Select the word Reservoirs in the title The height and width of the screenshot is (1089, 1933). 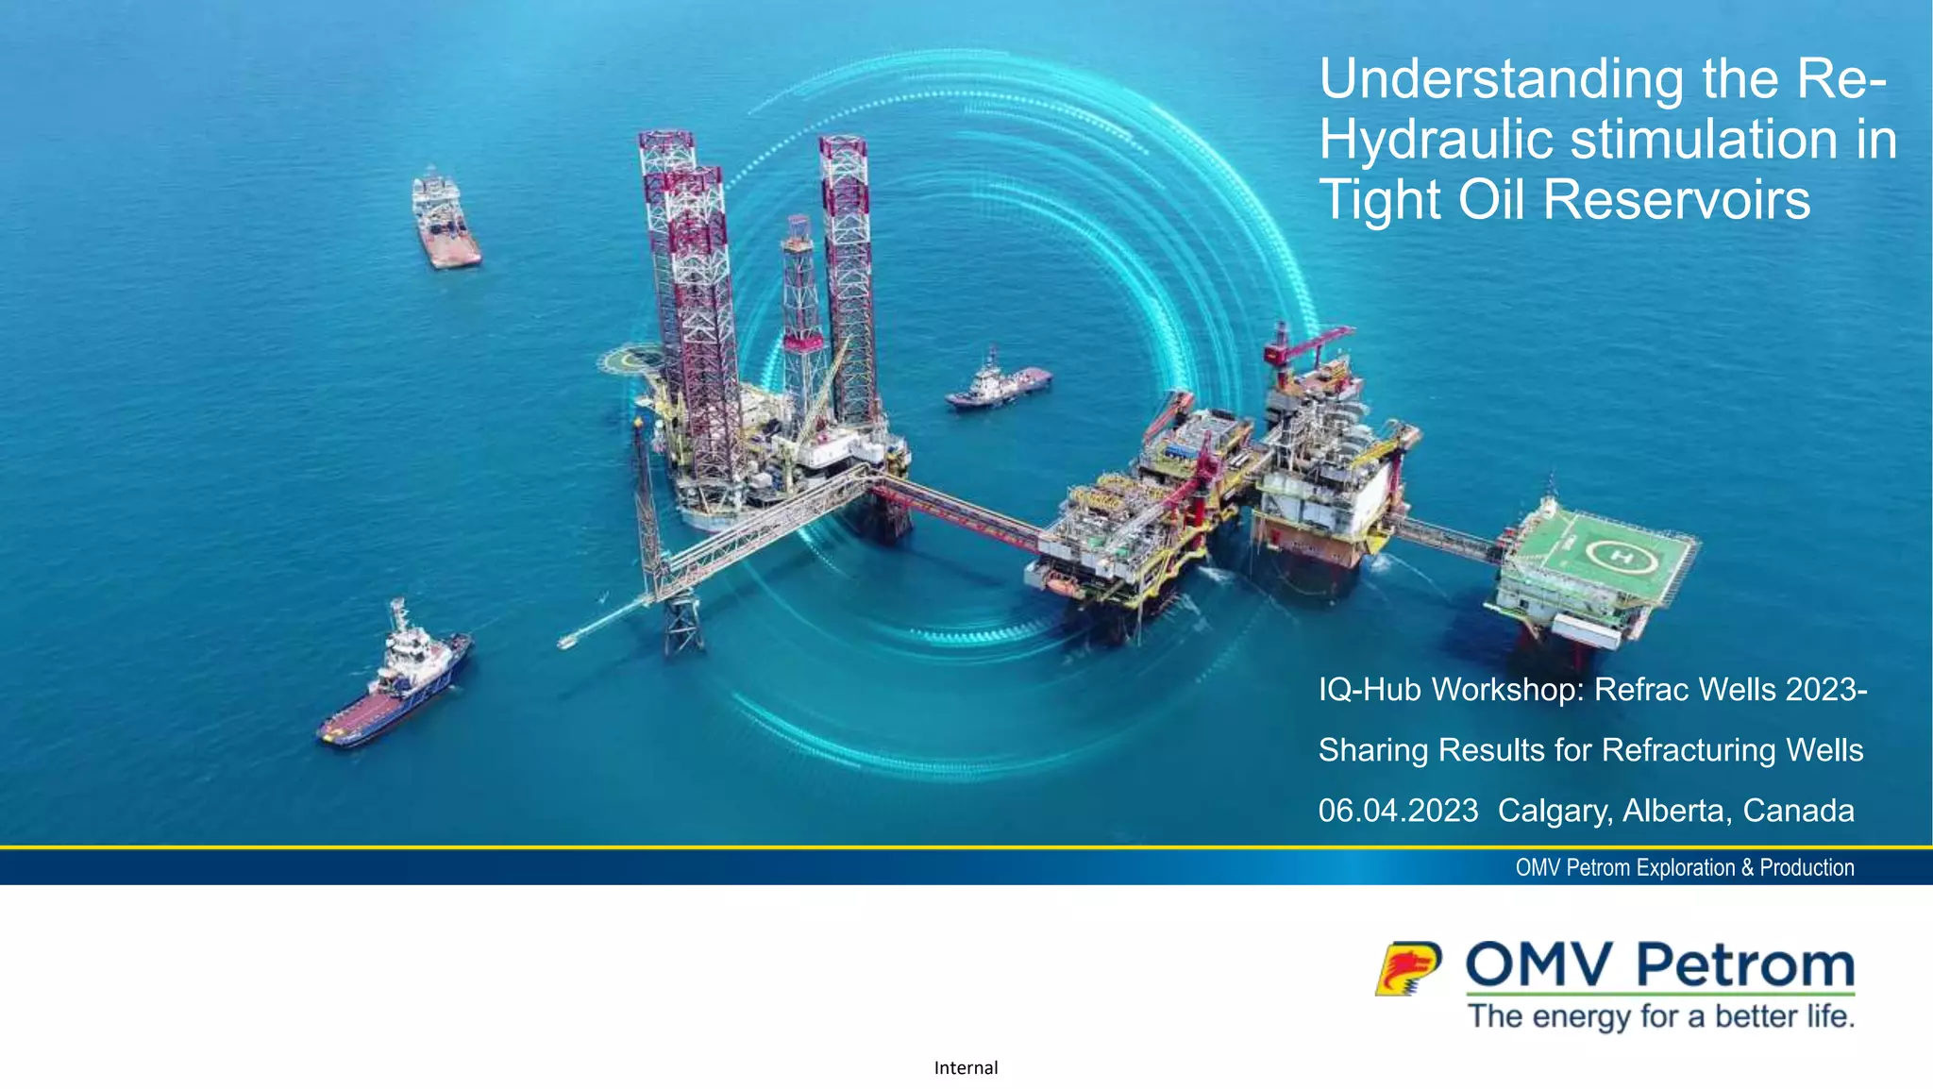coord(1676,200)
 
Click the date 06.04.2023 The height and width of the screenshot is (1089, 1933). coord(1398,811)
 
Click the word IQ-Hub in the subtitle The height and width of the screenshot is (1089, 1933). coord(1370,690)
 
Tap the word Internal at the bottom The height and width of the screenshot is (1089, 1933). coord(966,1067)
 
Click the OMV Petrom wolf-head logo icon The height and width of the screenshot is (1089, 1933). coord(1407,968)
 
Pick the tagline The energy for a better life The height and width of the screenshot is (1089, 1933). coord(1661,1016)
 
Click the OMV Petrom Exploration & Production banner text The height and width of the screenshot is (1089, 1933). coord(1685,867)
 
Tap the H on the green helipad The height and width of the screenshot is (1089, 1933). coord(1622,557)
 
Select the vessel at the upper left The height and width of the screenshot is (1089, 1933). coord(445,223)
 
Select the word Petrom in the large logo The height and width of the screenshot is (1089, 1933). coord(1744,965)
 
